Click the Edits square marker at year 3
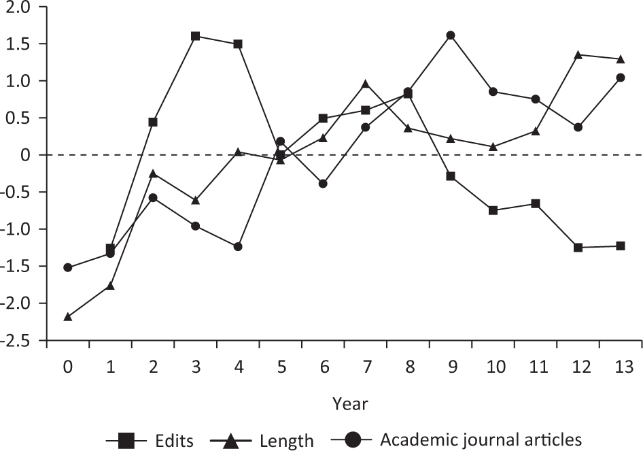tap(195, 36)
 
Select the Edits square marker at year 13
tap(621, 246)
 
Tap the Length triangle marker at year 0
tap(68, 316)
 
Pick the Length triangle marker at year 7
tap(366, 84)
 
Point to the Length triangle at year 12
tap(578, 55)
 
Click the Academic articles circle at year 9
tap(451, 35)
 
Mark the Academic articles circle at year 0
tap(68, 267)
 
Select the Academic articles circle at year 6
tap(323, 184)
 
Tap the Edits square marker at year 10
tap(493, 210)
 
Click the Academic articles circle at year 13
tap(621, 78)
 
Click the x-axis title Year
tap(350, 404)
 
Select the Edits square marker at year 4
tap(238, 44)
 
